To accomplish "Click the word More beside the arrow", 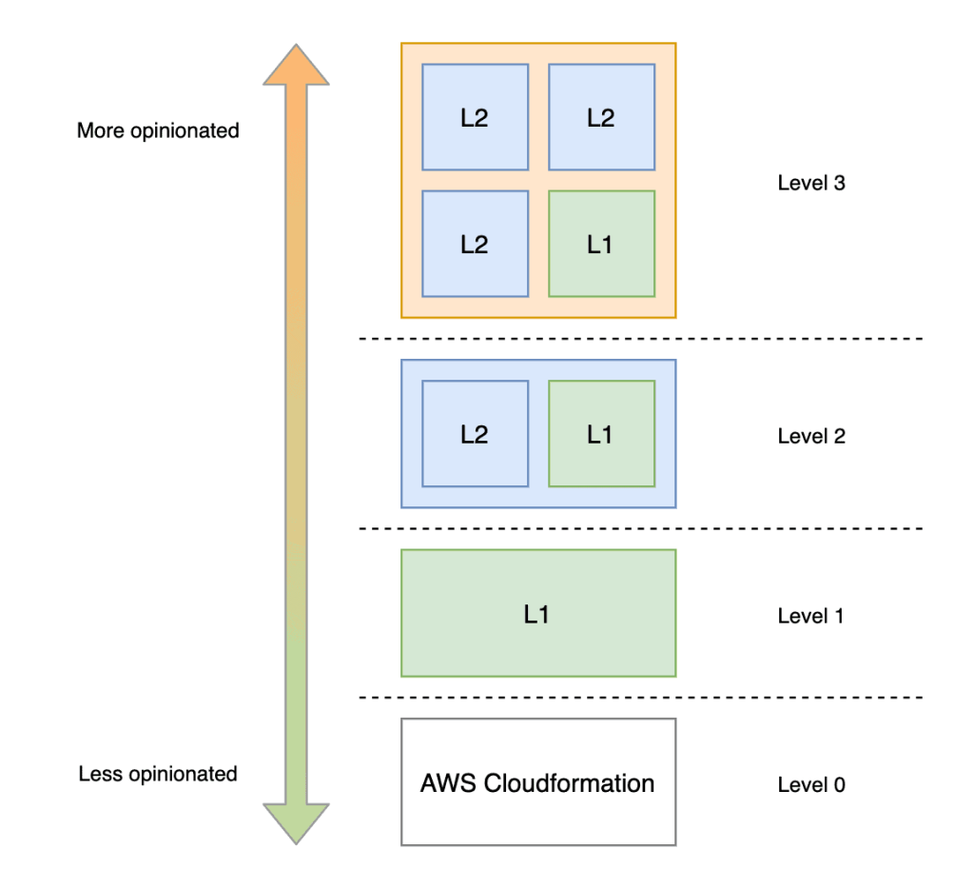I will click(x=100, y=130).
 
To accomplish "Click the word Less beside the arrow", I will click(x=98, y=774).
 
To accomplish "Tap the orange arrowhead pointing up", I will click(x=296, y=67).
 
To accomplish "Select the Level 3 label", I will click(x=810, y=184).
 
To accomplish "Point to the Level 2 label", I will click(x=810, y=437).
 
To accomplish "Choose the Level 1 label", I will click(x=810, y=616).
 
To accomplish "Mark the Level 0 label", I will click(x=810, y=785).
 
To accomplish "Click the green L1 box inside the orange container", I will click(x=601, y=244).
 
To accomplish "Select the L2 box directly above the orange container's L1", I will click(x=601, y=117).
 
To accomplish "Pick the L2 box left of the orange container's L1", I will click(x=475, y=244).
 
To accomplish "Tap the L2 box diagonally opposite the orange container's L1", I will click(x=475, y=117).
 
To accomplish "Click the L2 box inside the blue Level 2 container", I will click(x=475, y=434).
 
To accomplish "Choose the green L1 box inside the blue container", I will click(x=601, y=434).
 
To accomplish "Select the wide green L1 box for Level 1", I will click(x=538, y=614).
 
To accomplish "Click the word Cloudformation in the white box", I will click(x=569, y=784).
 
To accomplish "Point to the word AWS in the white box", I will click(x=448, y=784).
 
